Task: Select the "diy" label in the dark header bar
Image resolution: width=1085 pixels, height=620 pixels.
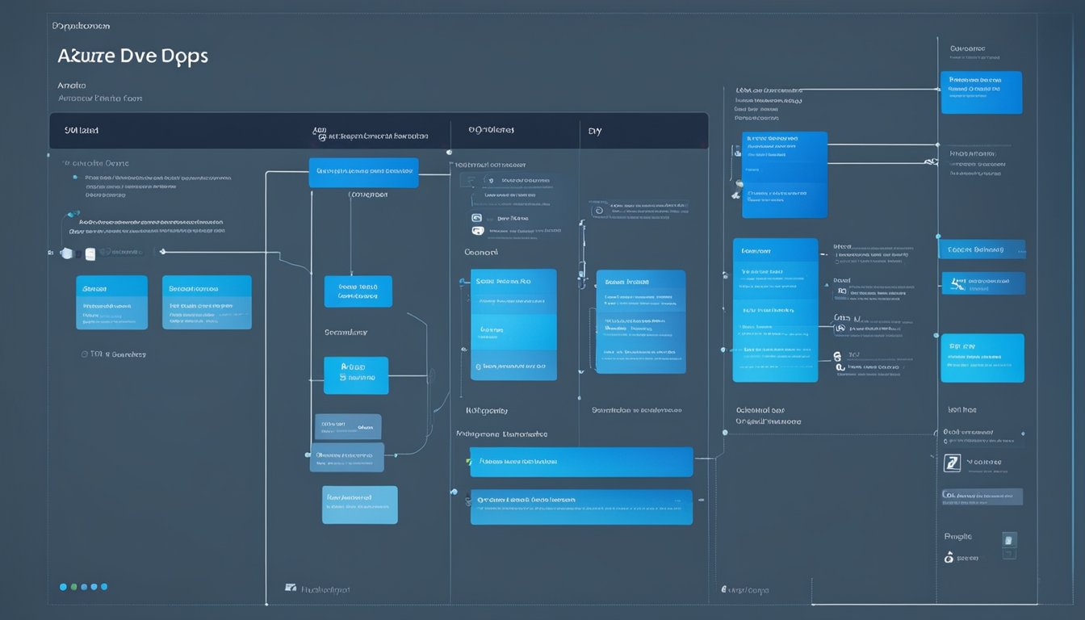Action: (595, 131)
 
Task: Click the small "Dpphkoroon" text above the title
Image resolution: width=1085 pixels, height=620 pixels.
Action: (81, 27)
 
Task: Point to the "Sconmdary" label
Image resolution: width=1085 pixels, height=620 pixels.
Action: (346, 332)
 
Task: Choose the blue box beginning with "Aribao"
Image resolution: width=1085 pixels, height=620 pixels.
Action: (355, 375)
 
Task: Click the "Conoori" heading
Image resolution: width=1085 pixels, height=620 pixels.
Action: (483, 252)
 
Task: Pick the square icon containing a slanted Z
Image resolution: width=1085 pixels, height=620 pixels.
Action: (953, 463)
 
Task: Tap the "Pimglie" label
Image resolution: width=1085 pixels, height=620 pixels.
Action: (958, 536)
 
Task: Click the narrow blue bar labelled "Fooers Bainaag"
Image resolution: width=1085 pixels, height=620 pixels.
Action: (982, 249)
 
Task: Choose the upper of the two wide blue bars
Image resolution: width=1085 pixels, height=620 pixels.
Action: (580, 462)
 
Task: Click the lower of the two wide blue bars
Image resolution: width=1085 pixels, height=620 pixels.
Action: (580, 507)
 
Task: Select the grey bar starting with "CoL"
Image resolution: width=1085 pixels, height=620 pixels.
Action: (982, 496)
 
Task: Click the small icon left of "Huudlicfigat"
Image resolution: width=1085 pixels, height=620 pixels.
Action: (291, 589)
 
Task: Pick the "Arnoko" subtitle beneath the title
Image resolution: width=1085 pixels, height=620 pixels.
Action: (72, 85)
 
